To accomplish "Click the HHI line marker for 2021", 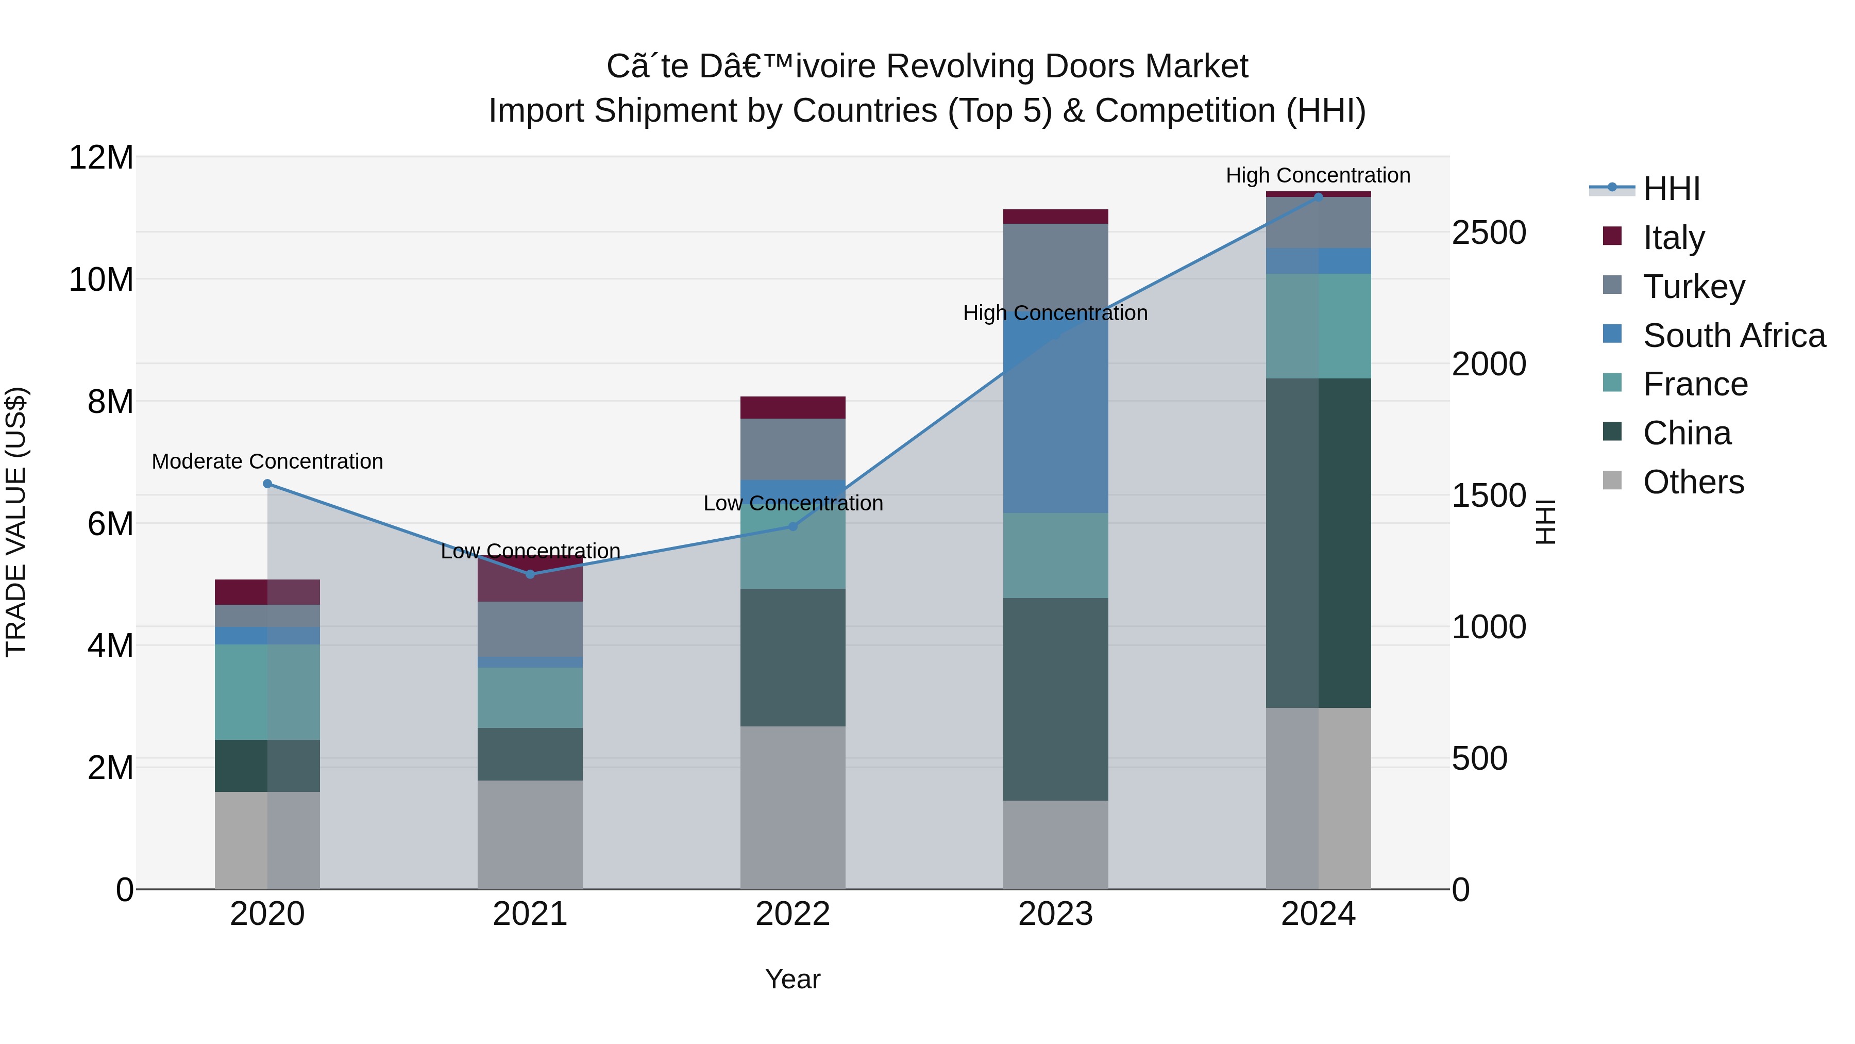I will point(530,574).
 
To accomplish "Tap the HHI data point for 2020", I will point(267,484).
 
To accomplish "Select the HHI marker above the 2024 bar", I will point(1319,197).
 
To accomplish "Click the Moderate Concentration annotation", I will point(267,461).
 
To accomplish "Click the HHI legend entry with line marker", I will point(1671,189).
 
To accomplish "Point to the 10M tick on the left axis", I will point(101,279).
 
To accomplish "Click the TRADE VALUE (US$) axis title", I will point(16,522).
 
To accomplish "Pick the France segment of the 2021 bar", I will point(530,698).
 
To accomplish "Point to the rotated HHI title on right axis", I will point(1545,522).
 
